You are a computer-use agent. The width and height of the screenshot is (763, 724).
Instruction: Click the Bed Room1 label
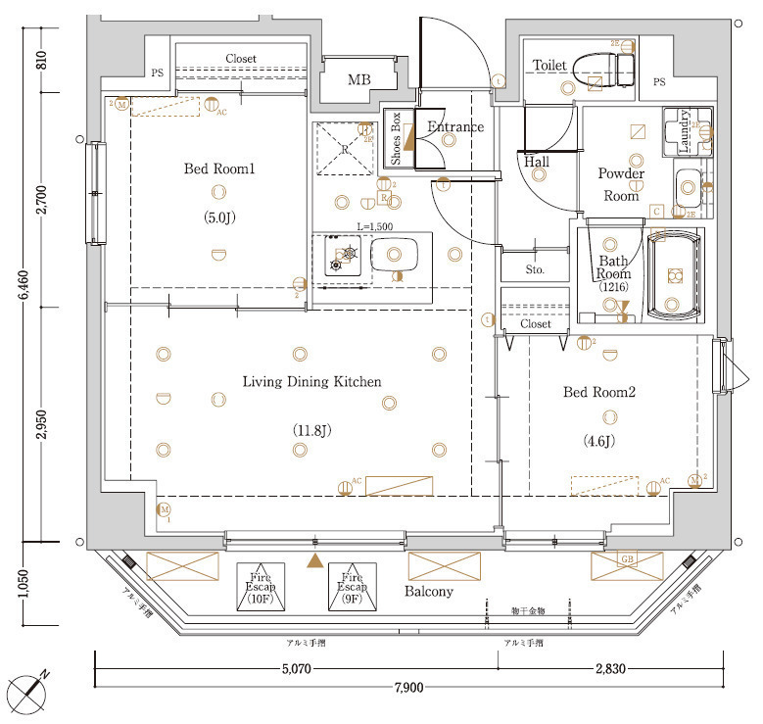click(219, 169)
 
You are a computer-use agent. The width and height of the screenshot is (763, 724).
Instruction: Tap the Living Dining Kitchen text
click(311, 381)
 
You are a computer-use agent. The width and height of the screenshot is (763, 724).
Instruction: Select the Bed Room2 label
click(599, 392)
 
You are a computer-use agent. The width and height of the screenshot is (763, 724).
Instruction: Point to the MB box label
click(359, 79)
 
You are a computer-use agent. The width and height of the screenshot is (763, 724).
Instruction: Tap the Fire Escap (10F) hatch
click(262, 587)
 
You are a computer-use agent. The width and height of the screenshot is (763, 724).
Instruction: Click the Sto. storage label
click(535, 268)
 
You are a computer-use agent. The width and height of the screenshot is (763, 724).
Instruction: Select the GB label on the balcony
click(627, 558)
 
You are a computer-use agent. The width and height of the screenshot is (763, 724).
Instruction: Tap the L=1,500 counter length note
click(375, 226)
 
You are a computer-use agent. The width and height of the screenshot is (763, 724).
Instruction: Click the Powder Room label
click(621, 184)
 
